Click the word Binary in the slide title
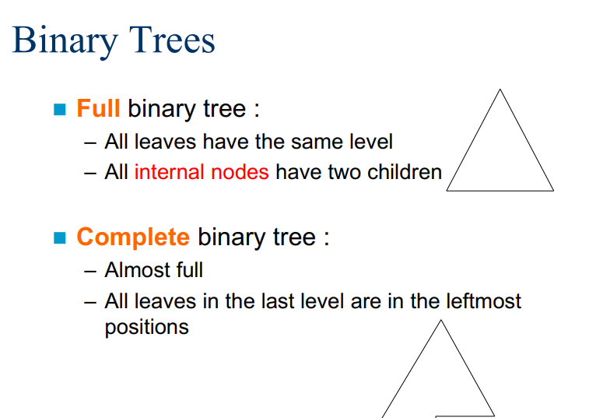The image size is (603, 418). coord(65,40)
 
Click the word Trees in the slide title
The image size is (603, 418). coord(171,40)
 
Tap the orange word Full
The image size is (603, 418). coord(99,107)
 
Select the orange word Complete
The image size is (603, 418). coord(133,237)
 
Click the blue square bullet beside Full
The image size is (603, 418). coord(60,109)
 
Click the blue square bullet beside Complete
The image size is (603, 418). coord(60,237)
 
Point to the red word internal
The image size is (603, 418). coord(169,172)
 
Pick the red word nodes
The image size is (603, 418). coord(240,172)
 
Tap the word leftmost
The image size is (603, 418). coord(484,300)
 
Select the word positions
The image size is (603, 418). coord(147,328)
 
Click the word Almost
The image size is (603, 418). coord(137,269)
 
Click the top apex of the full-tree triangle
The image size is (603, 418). coord(500,90)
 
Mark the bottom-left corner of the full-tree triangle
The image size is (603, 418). coord(447,191)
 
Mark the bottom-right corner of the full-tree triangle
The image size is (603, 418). coord(554,191)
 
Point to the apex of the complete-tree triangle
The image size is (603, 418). coord(441,320)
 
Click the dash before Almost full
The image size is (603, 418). coord(90,272)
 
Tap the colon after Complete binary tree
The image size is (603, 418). coord(327,238)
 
